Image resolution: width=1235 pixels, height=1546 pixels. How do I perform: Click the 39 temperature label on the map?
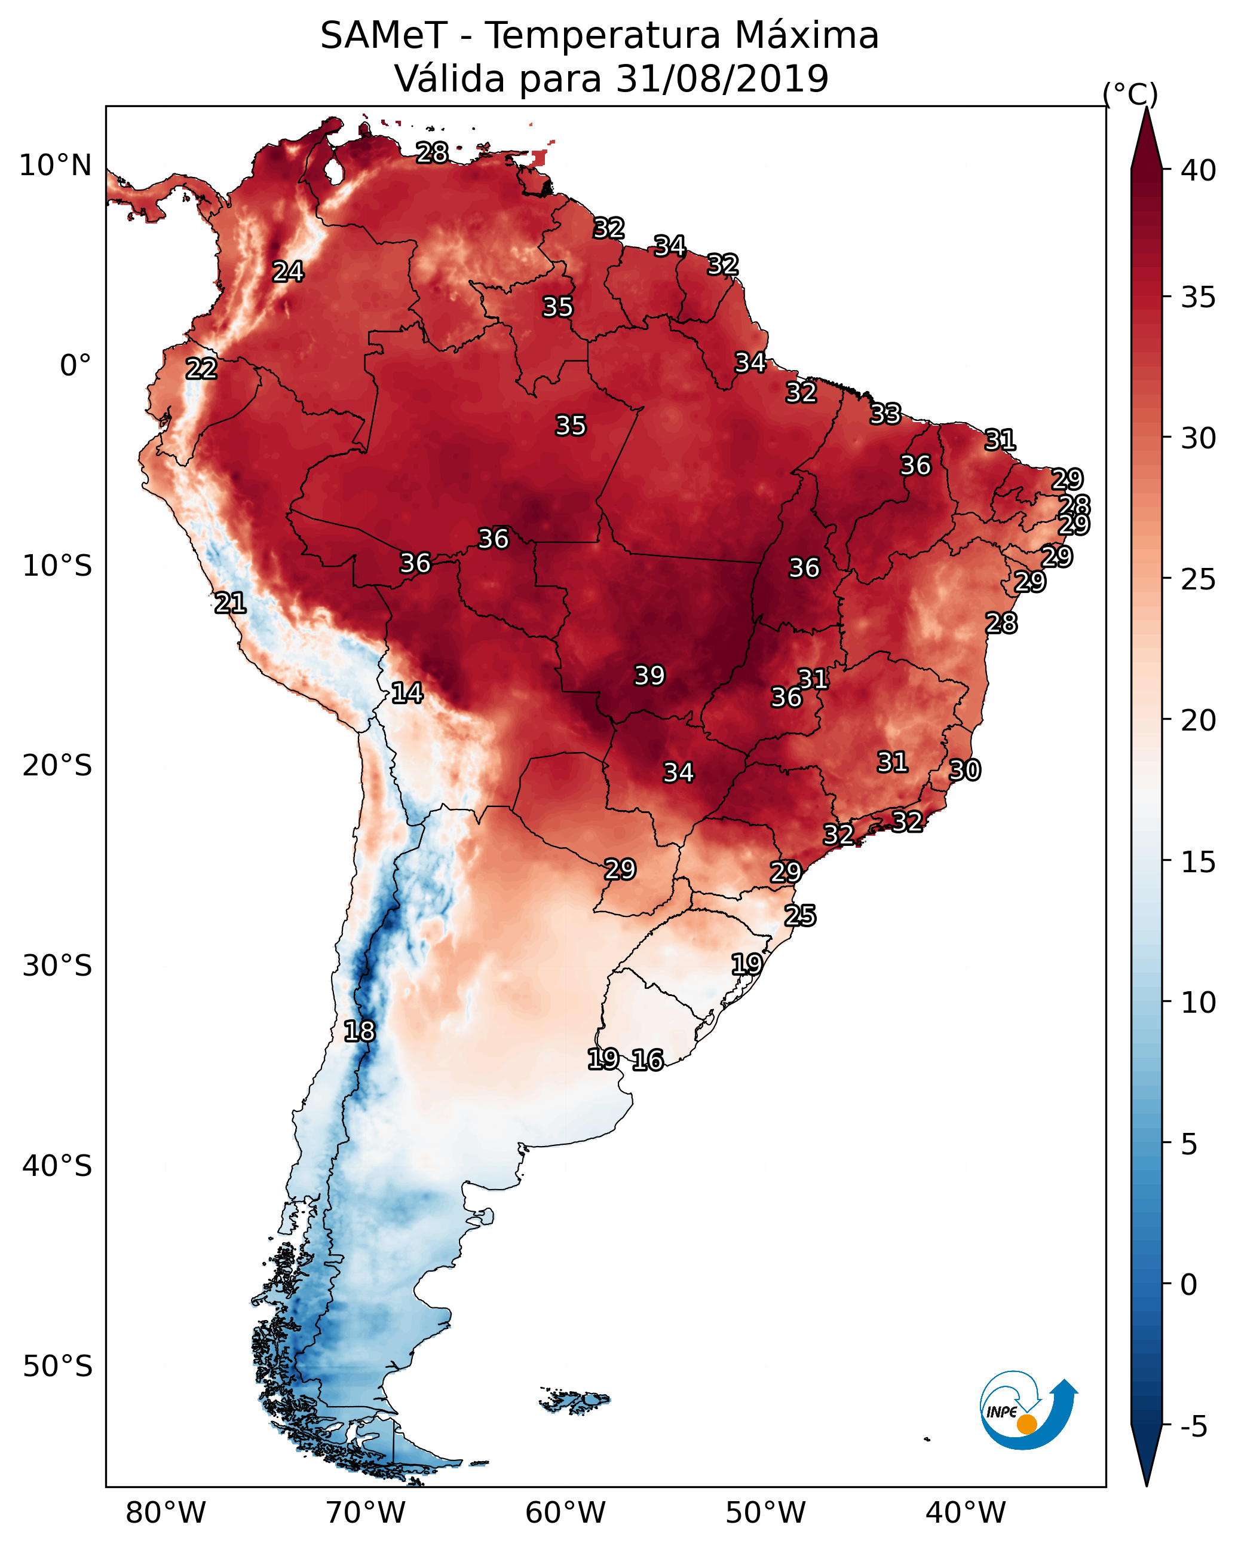tap(649, 676)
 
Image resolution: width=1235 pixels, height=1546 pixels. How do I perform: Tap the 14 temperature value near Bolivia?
tap(407, 693)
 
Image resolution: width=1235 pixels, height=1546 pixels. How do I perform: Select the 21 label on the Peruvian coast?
tap(230, 603)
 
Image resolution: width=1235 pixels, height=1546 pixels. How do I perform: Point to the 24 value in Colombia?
tap(288, 271)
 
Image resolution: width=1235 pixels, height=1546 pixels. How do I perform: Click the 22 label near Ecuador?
tap(201, 369)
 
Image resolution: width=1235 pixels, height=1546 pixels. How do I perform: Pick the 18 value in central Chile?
tap(359, 1031)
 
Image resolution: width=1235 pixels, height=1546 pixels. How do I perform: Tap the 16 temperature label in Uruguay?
tap(648, 1060)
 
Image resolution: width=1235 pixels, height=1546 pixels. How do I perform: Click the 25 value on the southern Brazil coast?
tap(800, 916)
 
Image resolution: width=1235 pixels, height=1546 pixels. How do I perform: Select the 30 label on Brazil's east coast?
tap(965, 770)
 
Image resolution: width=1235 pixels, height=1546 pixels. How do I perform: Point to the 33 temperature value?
tap(885, 414)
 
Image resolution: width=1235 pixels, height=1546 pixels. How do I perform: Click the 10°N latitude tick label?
tap(55, 166)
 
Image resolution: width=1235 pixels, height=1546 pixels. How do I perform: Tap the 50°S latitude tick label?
tap(57, 1366)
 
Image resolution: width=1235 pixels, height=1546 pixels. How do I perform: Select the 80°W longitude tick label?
tap(166, 1513)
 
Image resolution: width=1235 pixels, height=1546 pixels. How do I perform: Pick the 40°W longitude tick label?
tap(966, 1513)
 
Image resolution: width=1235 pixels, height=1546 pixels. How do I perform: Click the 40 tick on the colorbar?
tap(1199, 170)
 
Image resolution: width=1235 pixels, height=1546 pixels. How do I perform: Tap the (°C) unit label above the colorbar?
tap(1130, 94)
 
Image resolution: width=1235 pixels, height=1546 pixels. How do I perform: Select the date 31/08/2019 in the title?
tap(722, 79)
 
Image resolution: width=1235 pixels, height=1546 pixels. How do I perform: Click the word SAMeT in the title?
tap(384, 36)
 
